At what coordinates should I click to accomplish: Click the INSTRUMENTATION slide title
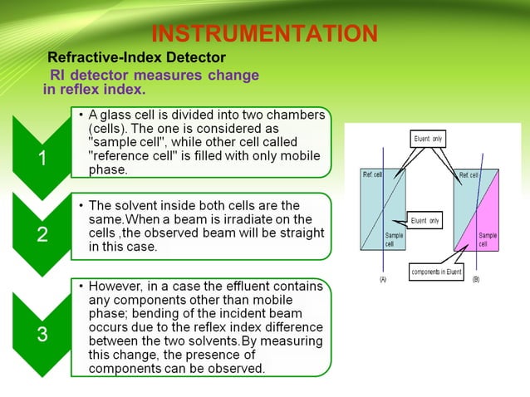(x=264, y=34)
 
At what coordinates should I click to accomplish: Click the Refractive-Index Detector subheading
(x=136, y=58)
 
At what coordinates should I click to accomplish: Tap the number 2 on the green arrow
(x=42, y=235)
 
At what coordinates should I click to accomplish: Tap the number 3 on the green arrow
(x=42, y=335)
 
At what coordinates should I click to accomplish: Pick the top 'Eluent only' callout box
(x=429, y=139)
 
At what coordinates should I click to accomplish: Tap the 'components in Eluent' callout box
(x=436, y=272)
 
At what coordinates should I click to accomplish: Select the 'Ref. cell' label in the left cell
(x=373, y=175)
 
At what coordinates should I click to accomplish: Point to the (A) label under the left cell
(x=383, y=281)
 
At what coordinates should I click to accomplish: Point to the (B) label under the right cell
(x=476, y=281)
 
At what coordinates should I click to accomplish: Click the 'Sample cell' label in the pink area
(x=488, y=240)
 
